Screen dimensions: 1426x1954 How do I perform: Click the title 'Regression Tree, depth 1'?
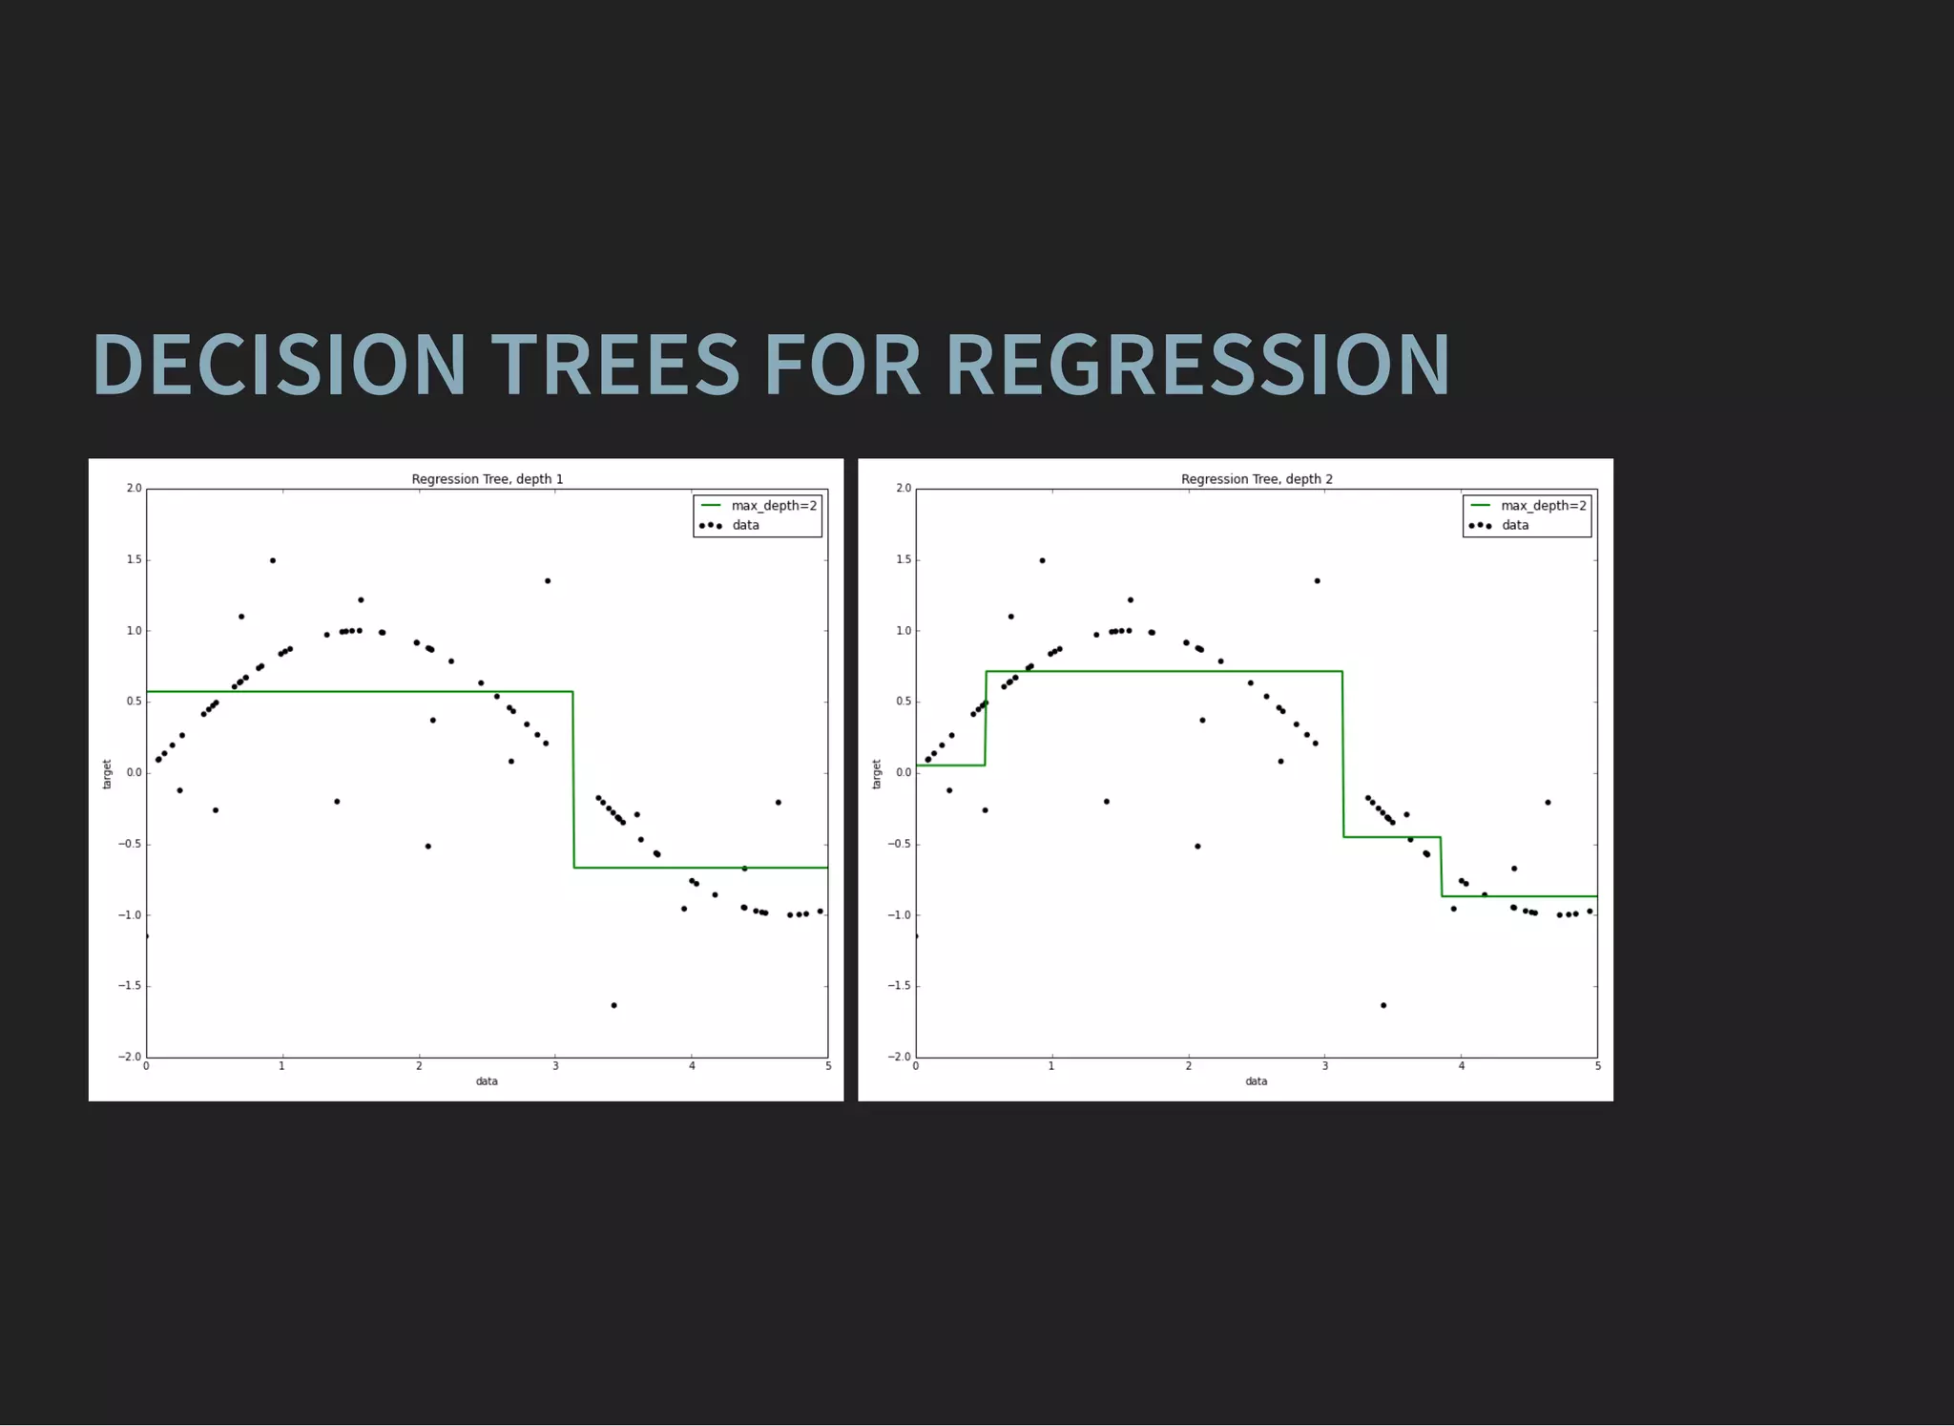click(487, 479)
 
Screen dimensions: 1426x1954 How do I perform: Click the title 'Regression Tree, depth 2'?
click(1257, 479)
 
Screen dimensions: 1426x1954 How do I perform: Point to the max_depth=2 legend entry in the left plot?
click(774, 506)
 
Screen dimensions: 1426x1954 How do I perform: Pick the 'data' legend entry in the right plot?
click(1514, 525)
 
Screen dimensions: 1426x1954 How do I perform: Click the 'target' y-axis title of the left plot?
click(107, 774)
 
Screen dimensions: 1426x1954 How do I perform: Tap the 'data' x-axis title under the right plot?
click(1256, 1081)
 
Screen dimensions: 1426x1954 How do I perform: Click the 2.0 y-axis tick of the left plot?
click(134, 489)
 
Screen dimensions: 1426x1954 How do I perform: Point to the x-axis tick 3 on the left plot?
click(555, 1066)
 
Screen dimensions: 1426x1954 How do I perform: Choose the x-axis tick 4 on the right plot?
click(1461, 1066)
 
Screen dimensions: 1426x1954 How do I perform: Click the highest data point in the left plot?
click(273, 560)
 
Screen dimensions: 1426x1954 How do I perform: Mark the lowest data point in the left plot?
click(613, 1005)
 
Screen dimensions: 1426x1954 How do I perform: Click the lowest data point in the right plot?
click(1383, 1005)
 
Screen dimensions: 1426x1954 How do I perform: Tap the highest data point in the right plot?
click(1042, 560)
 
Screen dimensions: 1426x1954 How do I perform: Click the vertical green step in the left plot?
click(573, 779)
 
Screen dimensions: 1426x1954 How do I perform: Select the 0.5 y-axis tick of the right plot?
click(903, 702)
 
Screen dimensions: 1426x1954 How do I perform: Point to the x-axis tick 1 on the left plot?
click(282, 1066)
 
